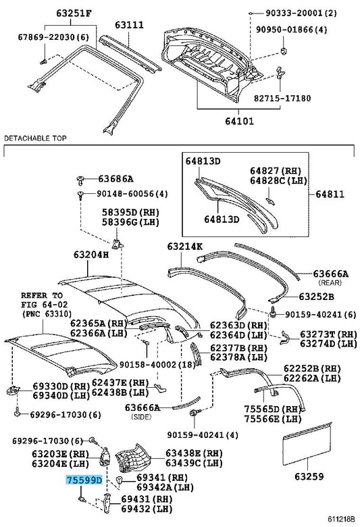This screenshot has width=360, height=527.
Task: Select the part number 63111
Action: click(x=129, y=25)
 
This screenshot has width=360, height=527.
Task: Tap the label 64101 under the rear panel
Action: click(x=239, y=121)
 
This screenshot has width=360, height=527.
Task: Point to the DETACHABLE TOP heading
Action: click(x=35, y=138)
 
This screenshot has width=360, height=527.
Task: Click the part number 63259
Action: click(x=309, y=476)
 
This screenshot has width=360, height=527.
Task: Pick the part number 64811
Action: click(x=330, y=194)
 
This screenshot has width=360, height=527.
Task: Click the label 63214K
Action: click(x=185, y=247)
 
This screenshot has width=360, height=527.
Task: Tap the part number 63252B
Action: click(x=316, y=297)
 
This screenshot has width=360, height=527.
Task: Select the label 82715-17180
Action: click(x=282, y=99)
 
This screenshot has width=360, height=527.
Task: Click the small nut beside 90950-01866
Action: click(x=283, y=51)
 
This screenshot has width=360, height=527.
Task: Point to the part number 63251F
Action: click(x=74, y=13)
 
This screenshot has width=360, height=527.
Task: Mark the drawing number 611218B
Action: click(x=340, y=520)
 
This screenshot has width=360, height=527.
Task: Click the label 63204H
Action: click(x=91, y=255)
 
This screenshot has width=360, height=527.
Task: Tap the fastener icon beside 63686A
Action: click(x=80, y=180)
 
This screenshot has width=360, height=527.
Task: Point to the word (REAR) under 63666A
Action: click(x=330, y=282)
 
